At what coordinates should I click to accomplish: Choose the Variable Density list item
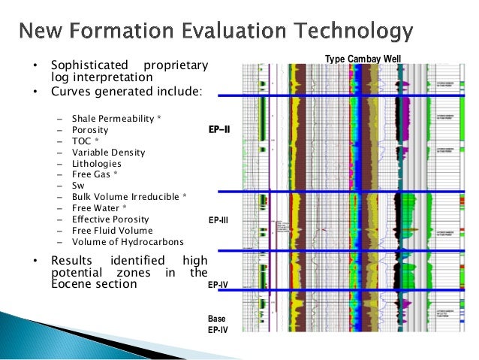(x=108, y=152)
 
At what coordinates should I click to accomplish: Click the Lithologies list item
(x=96, y=163)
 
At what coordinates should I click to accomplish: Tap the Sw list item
(x=77, y=186)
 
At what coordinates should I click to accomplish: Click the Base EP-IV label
(x=217, y=325)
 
